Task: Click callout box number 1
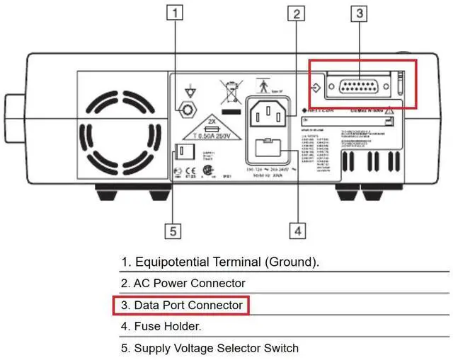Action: tap(176, 12)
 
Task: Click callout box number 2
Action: tap(297, 13)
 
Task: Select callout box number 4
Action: tap(297, 230)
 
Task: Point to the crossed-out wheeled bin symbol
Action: tap(229, 93)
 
